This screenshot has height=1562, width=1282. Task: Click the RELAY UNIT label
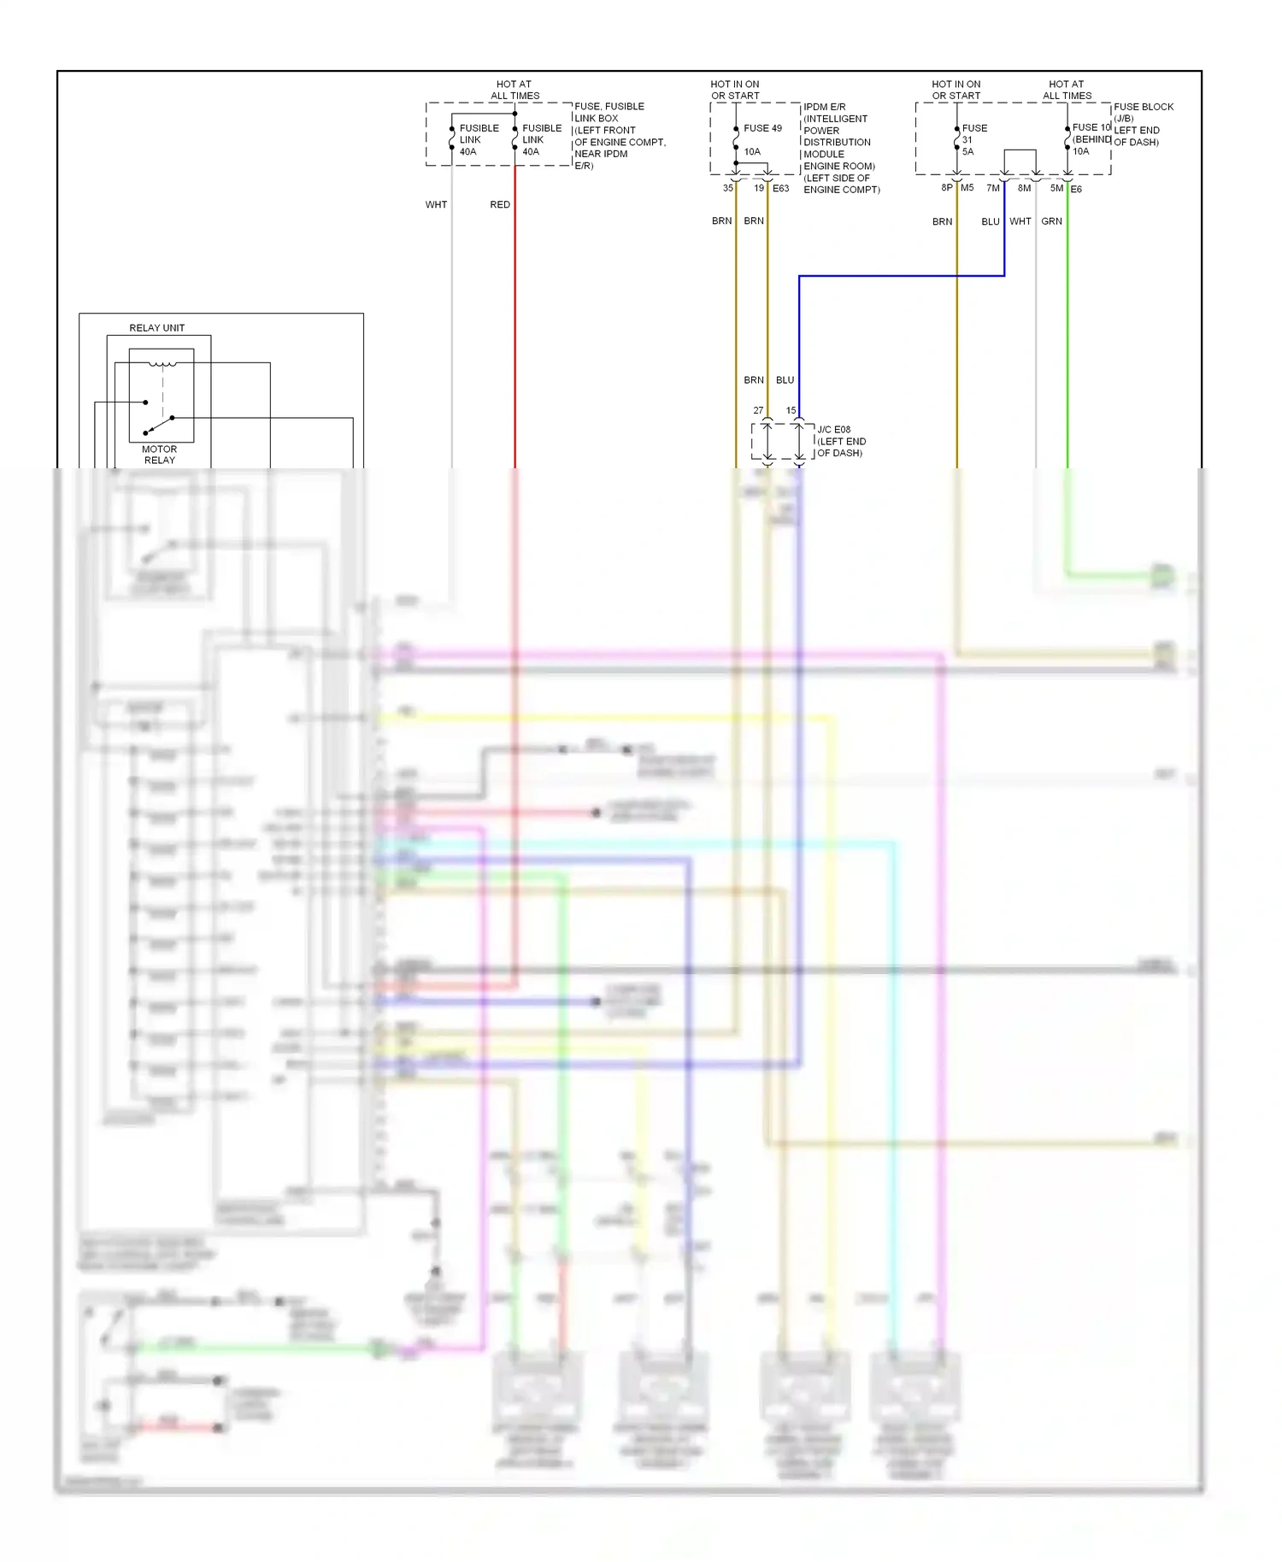[156, 328]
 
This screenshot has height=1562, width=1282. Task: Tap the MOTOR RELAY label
[159, 455]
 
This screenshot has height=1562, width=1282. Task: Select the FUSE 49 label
[762, 128]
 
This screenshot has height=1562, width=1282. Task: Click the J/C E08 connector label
[833, 430]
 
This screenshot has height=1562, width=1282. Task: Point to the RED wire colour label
[500, 205]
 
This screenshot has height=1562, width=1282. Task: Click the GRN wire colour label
[1051, 221]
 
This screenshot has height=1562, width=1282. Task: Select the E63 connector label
[781, 189]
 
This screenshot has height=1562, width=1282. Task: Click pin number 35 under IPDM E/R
[728, 188]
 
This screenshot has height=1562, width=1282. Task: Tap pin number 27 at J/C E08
[758, 411]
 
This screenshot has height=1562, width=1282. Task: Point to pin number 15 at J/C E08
[791, 411]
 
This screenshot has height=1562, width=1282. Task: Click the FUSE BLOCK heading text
[1144, 107]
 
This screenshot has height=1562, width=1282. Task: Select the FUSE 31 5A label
[973, 139]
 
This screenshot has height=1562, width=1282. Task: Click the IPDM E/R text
[824, 107]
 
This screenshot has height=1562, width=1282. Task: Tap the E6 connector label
[1076, 190]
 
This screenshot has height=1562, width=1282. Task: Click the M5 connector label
[967, 188]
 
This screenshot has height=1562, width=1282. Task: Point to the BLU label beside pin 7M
[990, 222]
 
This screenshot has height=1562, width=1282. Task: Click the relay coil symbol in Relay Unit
[162, 365]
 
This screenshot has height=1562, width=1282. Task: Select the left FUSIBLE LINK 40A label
[479, 139]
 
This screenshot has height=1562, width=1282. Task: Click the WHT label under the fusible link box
[436, 205]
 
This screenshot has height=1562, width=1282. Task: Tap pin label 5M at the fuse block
[1056, 188]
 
